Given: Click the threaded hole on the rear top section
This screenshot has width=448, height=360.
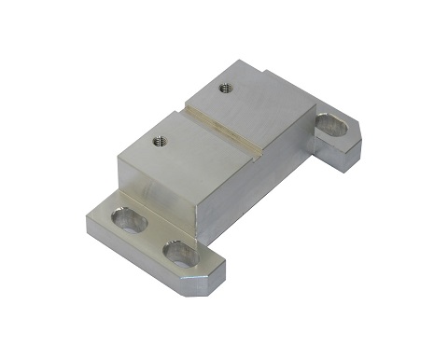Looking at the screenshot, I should pyautogui.click(x=224, y=89).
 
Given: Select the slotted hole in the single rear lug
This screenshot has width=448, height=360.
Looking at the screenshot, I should pyautogui.click(x=329, y=122).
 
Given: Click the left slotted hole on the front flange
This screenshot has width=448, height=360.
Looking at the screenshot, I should pyautogui.click(x=128, y=220).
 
